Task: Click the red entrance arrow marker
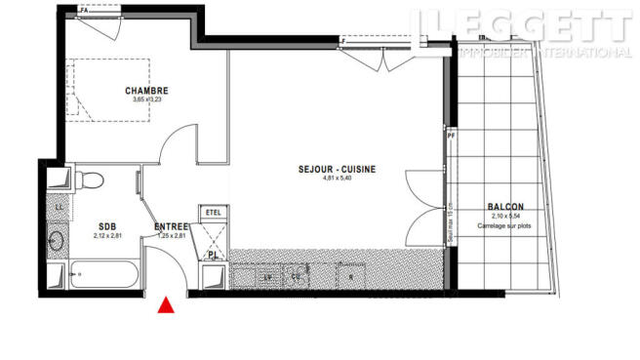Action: click(167, 306)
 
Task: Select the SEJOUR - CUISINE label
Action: click(337, 169)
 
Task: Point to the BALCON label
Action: click(505, 207)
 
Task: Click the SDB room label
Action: click(105, 226)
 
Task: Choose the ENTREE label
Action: click(173, 226)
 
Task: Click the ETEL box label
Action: click(214, 211)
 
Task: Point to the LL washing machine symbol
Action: click(59, 207)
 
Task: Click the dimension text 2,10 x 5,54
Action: click(505, 217)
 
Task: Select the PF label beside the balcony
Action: click(451, 136)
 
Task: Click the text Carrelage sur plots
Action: click(505, 225)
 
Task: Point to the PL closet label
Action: click(213, 256)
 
